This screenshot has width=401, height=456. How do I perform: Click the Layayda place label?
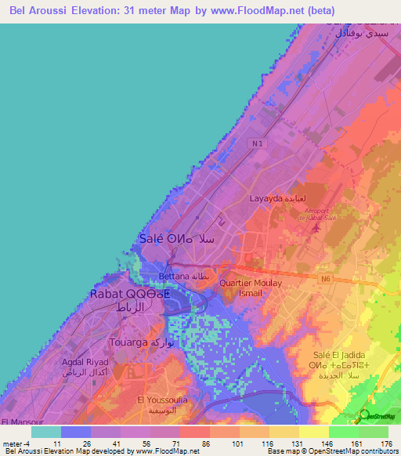[272, 199]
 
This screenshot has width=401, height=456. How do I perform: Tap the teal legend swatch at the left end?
[46, 431]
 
